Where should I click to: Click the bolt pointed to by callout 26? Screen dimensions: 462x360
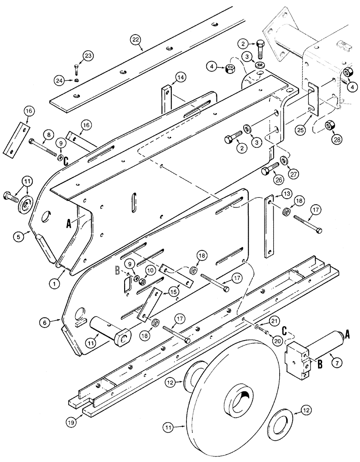click(269, 170)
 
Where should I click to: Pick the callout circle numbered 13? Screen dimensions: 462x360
click(273, 192)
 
